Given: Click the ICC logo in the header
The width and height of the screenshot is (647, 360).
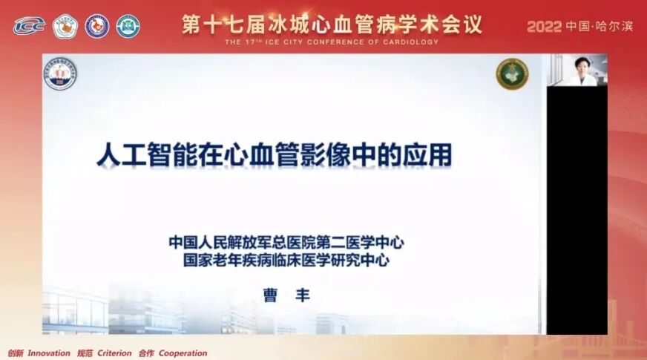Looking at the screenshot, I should click(x=29, y=26).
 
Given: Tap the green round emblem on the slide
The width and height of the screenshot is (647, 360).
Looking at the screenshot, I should click(x=512, y=74).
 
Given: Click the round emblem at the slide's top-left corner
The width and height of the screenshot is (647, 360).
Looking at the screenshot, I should click(x=60, y=74).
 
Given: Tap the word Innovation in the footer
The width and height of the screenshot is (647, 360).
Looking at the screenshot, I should click(x=49, y=353).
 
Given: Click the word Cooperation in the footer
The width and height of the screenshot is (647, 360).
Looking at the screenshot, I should click(x=183, y=353).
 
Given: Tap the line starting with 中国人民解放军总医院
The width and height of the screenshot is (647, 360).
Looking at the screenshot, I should click(x=286, y=243).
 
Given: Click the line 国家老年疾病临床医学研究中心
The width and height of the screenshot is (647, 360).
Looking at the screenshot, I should click(x=286, y=261).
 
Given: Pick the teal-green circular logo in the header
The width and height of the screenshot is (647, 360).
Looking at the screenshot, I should click(x=128, y=26).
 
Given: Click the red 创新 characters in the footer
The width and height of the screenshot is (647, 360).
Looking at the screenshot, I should click(x=15, y=353).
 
